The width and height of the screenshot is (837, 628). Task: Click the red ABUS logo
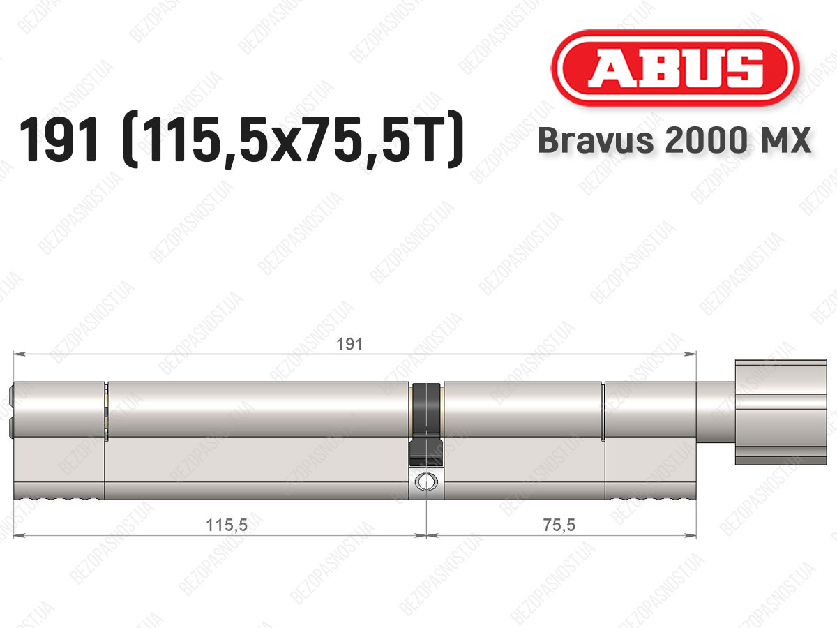tap(675, 68)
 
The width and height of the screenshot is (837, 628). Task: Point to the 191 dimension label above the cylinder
tap(349, 344)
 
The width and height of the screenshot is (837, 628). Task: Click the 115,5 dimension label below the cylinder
tap(227, 525)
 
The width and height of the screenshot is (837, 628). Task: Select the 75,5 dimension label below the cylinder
tap(559, 525)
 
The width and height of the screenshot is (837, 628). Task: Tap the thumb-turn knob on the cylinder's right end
tap(781, 412)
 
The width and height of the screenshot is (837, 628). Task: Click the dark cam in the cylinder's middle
tap(426, 424)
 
